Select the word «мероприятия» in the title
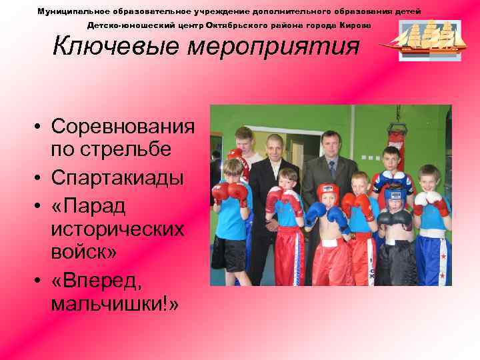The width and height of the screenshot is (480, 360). tap(273, 47)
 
